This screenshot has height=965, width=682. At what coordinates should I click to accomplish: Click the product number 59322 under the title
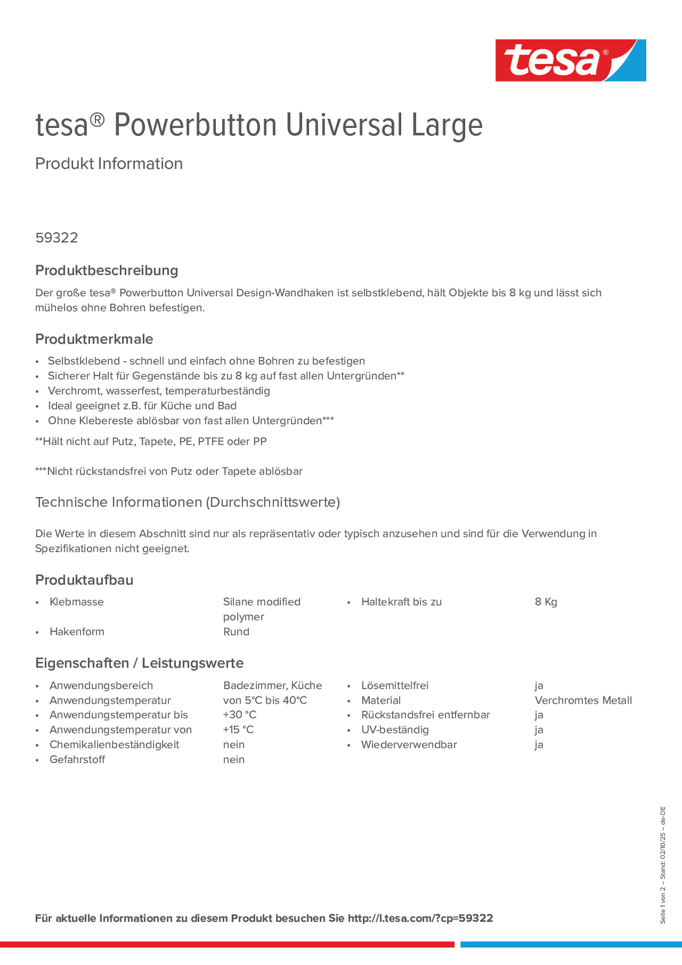coord(57,238)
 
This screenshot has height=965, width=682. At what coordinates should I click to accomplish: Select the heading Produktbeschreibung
coord(107,270)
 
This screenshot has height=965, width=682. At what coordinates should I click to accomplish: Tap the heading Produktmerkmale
coord(94,339)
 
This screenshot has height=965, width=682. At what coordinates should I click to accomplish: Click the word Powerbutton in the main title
coord(196,125)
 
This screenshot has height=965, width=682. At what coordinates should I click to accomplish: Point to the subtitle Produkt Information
coord(109,164)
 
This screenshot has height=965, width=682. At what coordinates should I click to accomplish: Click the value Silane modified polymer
coord(262,609)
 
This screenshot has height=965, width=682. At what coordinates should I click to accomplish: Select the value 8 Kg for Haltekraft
coord(546,602)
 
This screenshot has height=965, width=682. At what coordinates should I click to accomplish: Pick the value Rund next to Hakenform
coord(236,632)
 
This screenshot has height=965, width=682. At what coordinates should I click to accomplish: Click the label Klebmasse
coord(77,602)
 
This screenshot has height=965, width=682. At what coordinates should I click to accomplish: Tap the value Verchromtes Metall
coord(583,700)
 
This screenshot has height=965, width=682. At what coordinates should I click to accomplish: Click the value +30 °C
coord(240,715)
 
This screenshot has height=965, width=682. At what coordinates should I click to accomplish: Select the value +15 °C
coord(239,730)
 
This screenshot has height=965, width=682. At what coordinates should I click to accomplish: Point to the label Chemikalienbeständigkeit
coord(114,744)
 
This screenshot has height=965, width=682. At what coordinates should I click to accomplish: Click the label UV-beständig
coord(395,730)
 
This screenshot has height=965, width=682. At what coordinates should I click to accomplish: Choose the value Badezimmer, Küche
coord(273,685)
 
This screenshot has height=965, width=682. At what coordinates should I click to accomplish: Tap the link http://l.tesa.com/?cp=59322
coord(420,918)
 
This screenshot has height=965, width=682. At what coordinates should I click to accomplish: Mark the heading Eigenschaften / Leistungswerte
coord(139,663)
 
